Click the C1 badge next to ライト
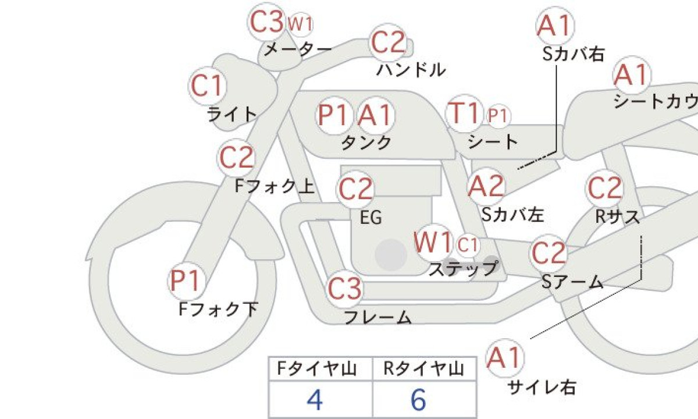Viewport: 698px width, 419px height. tap(208, 86)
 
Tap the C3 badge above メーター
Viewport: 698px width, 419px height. tap(267, 22)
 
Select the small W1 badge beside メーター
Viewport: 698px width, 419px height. tap(300, 24)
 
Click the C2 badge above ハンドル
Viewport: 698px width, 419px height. tap(387, 42)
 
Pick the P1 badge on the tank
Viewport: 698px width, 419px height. tap(333, 115)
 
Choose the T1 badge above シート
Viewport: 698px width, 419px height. tap(464, 113)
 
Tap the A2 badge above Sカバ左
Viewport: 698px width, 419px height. tap(486, 186)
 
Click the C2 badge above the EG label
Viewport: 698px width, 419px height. tap(355, 189)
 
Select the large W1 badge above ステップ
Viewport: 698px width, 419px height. tap(433, 242)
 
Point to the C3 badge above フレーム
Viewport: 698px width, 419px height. tap(344, 289)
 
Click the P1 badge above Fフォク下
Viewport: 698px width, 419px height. tap(186, 280)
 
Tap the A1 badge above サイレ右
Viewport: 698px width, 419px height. tap(505, 358)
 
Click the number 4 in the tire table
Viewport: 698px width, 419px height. tap(315, 400)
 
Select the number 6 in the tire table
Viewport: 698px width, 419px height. tap(418, 400)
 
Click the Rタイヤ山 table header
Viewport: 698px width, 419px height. tap(424, 368)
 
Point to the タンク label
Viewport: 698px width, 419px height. tap(366, 143)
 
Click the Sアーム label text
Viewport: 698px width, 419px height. tap(572, 282)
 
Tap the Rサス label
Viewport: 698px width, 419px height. tap(618, 216)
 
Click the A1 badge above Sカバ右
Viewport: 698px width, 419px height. tap(555, 26)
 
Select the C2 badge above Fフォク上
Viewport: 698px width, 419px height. tap(236, 158)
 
